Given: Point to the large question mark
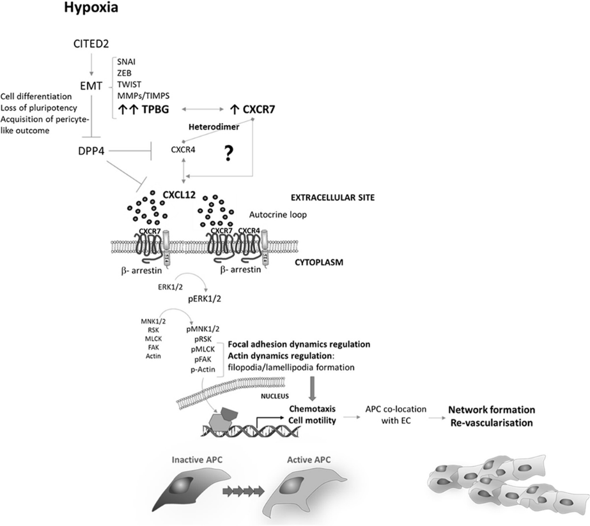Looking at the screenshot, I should [x=226, y=155].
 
